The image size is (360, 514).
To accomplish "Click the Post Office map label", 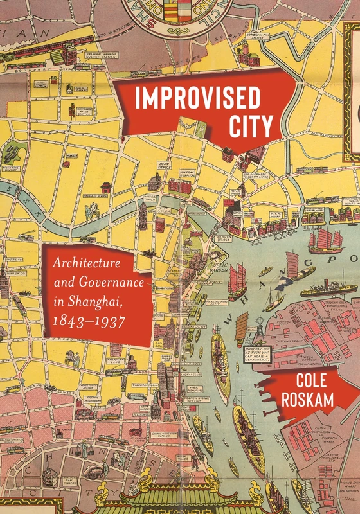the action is coord(165,168).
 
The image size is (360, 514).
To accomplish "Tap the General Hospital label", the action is coord(188,173).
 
